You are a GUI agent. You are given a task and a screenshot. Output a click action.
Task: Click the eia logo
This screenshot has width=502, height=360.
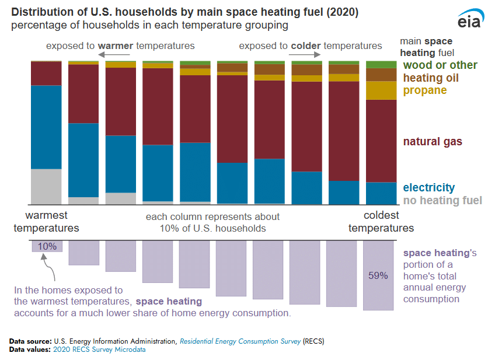471,19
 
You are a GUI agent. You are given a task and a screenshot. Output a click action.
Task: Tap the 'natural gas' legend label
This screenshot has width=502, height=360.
433,142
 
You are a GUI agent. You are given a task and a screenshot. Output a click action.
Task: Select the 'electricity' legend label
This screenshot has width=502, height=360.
428,187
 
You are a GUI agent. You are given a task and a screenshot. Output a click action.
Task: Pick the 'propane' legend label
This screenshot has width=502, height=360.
424,90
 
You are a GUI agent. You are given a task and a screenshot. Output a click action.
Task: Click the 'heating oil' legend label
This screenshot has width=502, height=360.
431,78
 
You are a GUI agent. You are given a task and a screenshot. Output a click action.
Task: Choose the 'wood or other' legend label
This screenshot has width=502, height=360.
440,65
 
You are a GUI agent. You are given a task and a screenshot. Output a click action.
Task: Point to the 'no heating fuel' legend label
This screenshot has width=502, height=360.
442,201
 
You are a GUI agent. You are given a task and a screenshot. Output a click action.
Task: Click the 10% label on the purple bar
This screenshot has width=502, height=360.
47,246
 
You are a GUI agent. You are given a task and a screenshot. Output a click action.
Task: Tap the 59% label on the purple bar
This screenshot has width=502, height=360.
378,275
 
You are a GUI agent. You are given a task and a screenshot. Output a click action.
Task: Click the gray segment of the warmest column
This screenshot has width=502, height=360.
46,186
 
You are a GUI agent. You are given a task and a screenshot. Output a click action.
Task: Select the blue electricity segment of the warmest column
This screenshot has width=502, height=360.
46,127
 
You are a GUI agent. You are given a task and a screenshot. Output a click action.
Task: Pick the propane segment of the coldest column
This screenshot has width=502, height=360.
381,90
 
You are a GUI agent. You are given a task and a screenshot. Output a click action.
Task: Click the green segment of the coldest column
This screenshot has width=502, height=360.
381,64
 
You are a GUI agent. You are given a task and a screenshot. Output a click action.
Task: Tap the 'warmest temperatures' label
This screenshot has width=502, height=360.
46,222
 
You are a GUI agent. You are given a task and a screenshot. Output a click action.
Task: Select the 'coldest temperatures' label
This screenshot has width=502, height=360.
381,222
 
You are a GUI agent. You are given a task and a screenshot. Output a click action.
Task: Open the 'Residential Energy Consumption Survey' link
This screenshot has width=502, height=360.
240,341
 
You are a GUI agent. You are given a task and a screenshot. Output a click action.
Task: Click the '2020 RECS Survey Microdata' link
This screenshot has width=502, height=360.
99,349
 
